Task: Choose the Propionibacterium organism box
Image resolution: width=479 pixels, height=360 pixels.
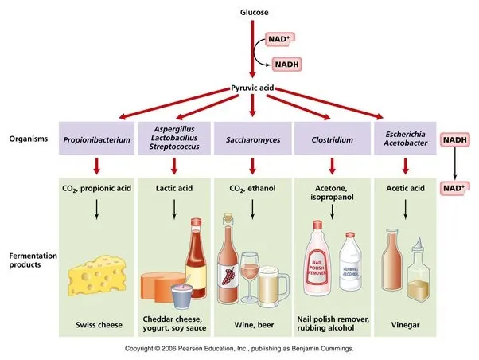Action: click(96, 139)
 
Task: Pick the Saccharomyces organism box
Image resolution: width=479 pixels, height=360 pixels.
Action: click(251, 139)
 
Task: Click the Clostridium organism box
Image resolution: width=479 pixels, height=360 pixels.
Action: click(329, 139)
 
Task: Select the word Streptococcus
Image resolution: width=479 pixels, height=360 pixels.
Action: click(173, 150)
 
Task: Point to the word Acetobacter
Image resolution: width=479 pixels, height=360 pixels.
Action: click(407, 145)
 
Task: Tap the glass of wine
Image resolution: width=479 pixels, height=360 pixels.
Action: click(250, 276)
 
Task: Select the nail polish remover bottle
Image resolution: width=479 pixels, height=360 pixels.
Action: click(316, 263)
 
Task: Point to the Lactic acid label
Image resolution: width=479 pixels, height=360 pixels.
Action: click(173, 189)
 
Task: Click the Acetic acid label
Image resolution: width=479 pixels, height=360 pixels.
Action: click(407, 189)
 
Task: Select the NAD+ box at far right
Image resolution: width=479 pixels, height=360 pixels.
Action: click(454, 189)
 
